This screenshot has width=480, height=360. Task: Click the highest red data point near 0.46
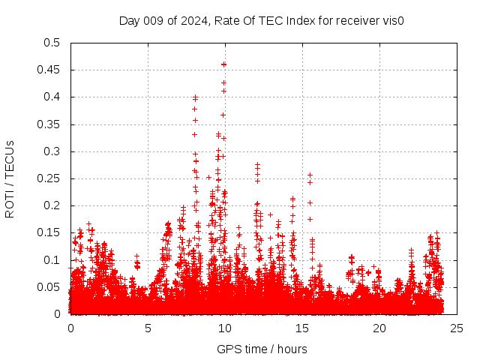click(223, 64)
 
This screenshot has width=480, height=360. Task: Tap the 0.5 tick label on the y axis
click(51, 43)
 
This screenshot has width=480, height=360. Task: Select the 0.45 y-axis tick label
click(48, 70)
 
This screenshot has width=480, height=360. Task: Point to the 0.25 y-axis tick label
click(48, 178)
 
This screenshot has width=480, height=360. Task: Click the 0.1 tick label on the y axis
click(51, 260)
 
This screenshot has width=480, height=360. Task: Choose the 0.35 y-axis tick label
click(48, 124)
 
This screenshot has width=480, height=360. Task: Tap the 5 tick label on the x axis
click(148, 328)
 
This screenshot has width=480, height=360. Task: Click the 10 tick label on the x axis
click(225, 328)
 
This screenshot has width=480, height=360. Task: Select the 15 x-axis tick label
click(302, 328)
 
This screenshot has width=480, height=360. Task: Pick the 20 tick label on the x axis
click(379, 328)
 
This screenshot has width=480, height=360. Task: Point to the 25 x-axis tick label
click(457, 328)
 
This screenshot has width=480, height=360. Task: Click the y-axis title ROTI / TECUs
click(10, 178)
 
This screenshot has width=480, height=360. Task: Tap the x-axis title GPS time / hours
click(262, 349)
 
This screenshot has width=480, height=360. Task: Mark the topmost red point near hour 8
click(195, 97)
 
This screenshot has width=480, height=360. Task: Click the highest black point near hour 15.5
click(310, 175)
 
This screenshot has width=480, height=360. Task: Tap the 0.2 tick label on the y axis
click(51, 205)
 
